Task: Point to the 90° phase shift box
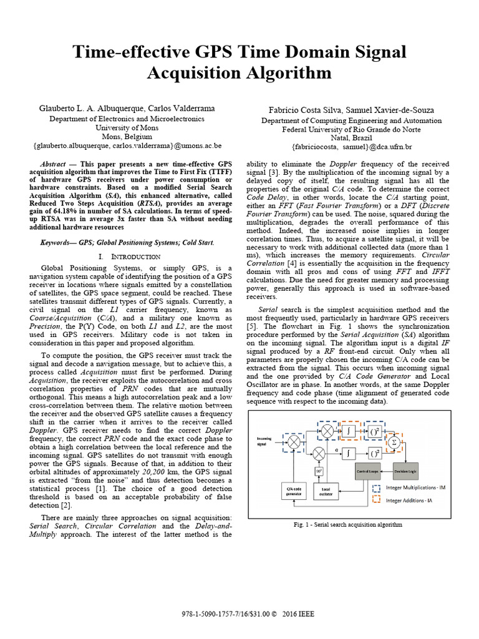point(319,471)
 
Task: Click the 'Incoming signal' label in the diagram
point(264,441)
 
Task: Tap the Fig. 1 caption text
point(347,525)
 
